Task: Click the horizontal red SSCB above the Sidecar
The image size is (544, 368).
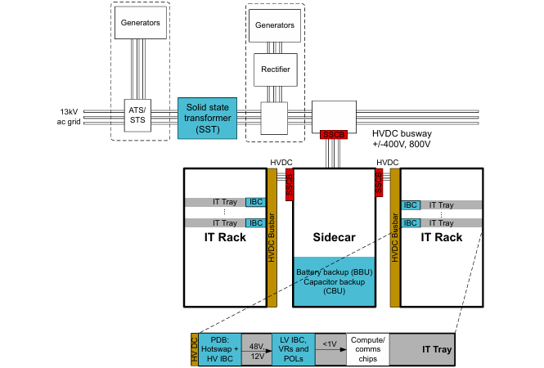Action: click(x=334, y=132)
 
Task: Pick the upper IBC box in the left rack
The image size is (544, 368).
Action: click(x=256, y=202)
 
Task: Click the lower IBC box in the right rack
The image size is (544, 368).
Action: click(x=411, y=223)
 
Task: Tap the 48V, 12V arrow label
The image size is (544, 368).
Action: click(x=258, y=350)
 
